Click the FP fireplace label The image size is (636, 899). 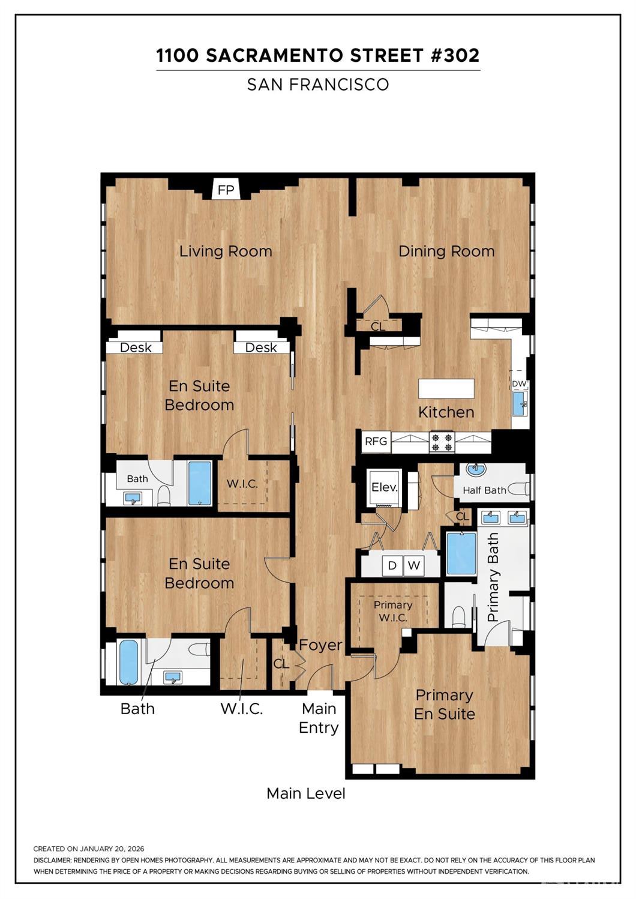(x=226, y=190)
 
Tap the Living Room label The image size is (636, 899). (x=226, y=251)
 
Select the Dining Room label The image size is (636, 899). (x=446, y=251)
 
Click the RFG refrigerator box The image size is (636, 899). (x=376, y=442)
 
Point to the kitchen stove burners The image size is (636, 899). (x=442, y=442)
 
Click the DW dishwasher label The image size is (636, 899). (x=519, y=384)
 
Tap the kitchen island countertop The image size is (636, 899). (x=446, y=388)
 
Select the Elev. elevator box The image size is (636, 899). (x=385, y=487)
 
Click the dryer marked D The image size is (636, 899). (x=392, y=565)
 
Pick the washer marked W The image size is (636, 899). (x=413, y=565)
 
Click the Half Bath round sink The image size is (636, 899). (x=476, y=469)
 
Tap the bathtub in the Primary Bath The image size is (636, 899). (x=461, y=553)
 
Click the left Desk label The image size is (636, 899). (x=136, y=347)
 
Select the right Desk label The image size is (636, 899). (x=261, y=347)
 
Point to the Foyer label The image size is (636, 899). (x=320, y=645)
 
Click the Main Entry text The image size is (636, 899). (x=319, y=718)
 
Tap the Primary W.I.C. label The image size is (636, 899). (x=393, y=611)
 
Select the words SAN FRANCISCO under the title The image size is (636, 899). (x=318, y=85)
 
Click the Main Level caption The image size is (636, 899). (x=306, y=793)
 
